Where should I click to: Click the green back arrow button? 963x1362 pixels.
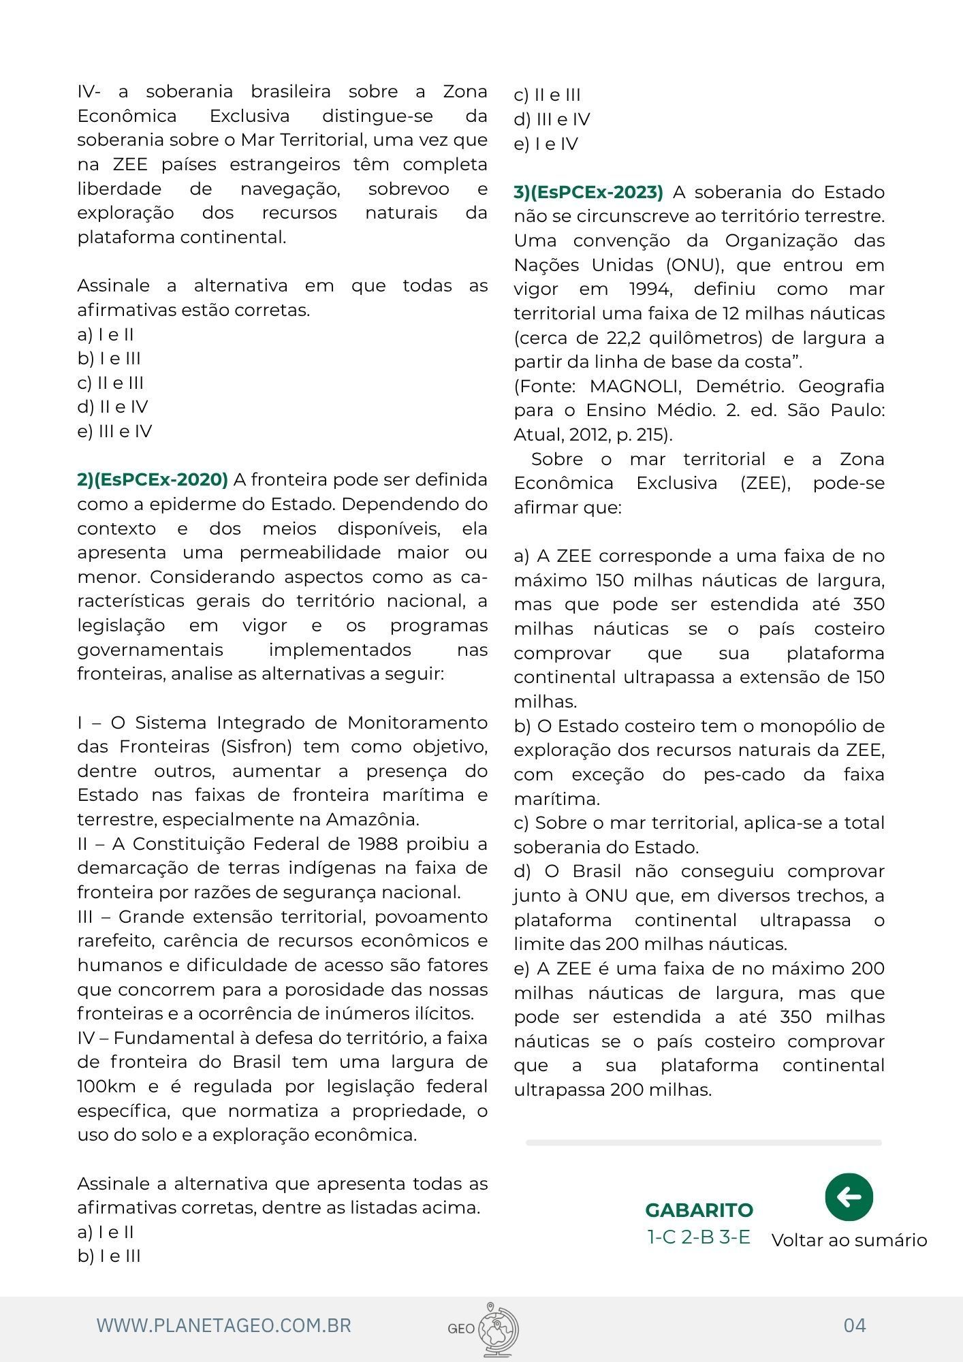pyautogui.click(x=849, y=1197)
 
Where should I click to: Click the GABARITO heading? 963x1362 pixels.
pyautogui.click(x=699, y=1210)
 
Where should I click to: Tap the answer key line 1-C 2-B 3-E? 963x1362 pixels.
pyautogui.click(x=699, y=1237)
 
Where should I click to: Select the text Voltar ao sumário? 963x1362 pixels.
pyautogui.click(x=849, y=1240)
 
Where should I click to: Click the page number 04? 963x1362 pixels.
pyautogui.click(x=855, y=1325)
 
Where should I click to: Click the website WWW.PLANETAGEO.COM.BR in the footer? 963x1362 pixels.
pyautogui.click(x=224, y=1325)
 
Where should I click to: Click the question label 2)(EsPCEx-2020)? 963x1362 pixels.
pyautogui.click(x=153, y=479)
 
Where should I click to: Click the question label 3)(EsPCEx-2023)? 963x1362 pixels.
pyautogui.click(x=588, y=192)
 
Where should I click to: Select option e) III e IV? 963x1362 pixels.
pyautogui.click(x=114, y=431)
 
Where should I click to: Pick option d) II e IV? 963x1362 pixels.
pyautogui.click(x=112, y=407)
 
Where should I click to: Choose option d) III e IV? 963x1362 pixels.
pyautogui.click(x=552, y=119)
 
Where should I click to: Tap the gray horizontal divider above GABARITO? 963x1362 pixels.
pyautogui.click(x=704, y=1142)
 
